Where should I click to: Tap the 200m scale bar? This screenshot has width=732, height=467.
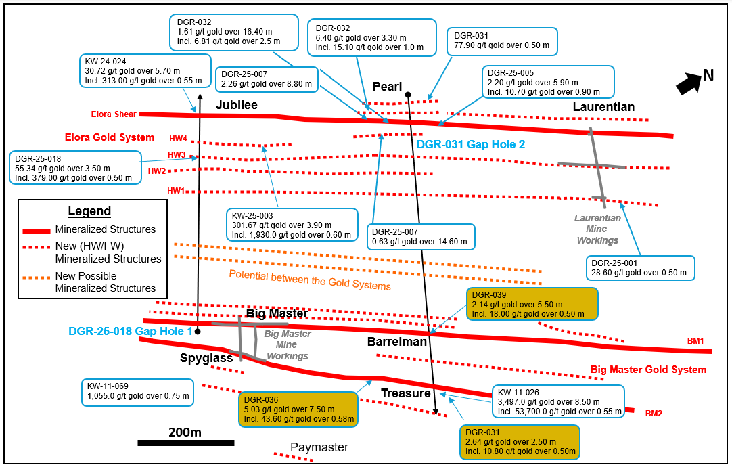tap(185, 443)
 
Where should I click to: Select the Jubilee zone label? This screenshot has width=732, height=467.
tap(237, 105)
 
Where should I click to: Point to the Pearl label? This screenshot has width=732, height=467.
tap(387, 87)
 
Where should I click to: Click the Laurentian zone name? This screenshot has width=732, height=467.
tap(603, 107)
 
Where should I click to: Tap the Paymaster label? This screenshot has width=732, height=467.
tap(319, 447)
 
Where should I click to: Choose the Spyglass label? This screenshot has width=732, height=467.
tap(206, 358)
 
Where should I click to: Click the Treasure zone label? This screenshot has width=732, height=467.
tap(405, 393)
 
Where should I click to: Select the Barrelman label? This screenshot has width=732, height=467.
tap(397, 342)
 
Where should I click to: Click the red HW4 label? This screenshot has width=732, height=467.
tap(177, 139)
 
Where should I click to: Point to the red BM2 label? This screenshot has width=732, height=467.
tap(653, 413)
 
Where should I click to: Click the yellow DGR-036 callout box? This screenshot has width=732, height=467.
tap(298, 409)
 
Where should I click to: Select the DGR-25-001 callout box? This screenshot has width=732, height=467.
tap(639, 267)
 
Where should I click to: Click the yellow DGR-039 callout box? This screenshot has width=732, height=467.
tap(532, 305)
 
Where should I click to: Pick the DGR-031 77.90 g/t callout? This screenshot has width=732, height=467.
tap(501, 41)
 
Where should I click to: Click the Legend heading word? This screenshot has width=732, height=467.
tap(89, 211)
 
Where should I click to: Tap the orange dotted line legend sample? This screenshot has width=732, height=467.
tap(37, 276)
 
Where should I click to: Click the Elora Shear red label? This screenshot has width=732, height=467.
tap(114, 114)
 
